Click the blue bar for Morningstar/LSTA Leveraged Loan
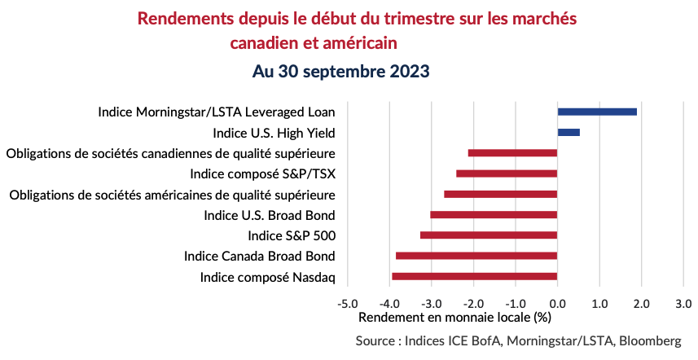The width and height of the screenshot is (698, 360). (597, 112)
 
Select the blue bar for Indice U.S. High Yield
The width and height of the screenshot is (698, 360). (568, 132)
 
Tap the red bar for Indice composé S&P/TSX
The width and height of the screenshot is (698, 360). (507, 173)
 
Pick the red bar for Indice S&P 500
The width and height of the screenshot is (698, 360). (489, 235)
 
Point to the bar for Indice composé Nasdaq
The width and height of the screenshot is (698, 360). (475, 277)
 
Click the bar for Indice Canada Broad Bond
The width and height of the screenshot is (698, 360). (476, 256)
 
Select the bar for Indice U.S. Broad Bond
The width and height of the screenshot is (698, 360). (494, 215)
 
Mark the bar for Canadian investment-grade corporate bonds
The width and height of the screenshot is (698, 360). (512, 153)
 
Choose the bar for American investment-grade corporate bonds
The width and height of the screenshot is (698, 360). (500, 194)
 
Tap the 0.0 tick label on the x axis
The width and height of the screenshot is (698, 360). (558, 304)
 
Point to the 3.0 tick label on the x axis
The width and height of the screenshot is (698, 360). (683, 304)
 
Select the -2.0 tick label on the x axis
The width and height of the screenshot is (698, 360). (473, 304)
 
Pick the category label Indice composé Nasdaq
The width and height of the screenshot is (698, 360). (268, 277)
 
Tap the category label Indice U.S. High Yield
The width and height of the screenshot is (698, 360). (274, 132)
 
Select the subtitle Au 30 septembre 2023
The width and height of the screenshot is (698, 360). (340, 71)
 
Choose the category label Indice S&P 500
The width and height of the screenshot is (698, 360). (292, 235)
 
